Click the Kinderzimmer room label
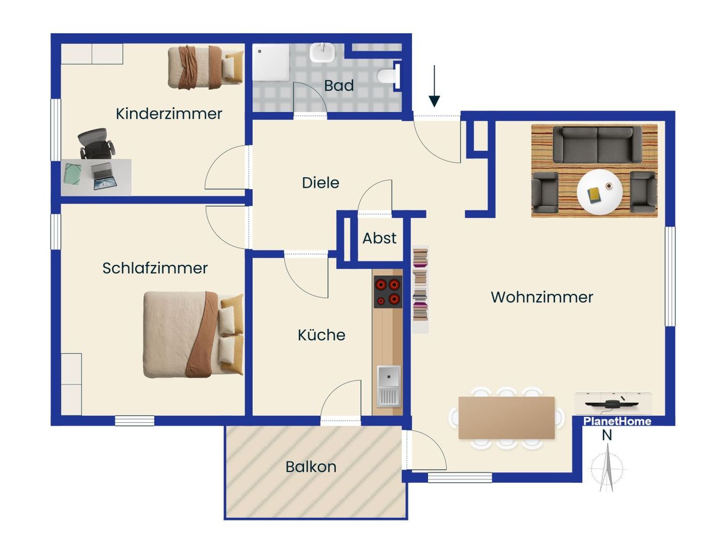tap(169, 114)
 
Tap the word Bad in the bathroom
tap(339, 86)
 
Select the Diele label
tap(320, 183)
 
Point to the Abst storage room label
tap(380, 238)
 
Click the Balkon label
tap(311, 467)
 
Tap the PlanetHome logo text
tap(617, 421)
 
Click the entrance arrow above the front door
tap(434, 86)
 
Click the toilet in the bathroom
tap(388, 76)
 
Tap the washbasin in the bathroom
tap(321, 53)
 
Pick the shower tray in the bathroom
tap(271, 62)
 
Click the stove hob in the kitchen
tap(388, 292)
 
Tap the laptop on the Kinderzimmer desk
tap(103, 177)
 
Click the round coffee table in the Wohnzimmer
tap(600, 192)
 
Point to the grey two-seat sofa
tap(597, 144)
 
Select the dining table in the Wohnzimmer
tap(507, 417)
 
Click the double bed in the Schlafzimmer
tap(193, 335)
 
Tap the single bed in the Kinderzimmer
tap(205, 68)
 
